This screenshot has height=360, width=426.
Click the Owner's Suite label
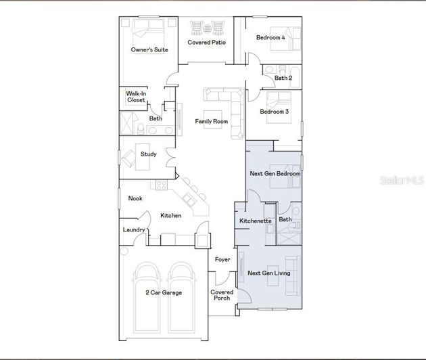pos(149,49)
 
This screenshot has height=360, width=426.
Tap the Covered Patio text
pos(206,43)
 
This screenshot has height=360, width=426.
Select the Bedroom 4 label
pos(270,38)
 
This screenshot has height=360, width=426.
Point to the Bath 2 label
pos(283,78)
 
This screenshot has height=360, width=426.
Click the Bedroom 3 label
pos(275,112)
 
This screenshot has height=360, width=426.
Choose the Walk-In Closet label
pos(136,97)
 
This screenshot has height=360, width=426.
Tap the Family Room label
pos(212,122)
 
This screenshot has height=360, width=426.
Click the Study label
pos(149,154)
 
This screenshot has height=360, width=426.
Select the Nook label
pos(135,198)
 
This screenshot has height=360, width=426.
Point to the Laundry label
pos(134,229)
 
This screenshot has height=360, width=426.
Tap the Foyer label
pos(222,260)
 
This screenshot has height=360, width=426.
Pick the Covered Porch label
pos(222,295)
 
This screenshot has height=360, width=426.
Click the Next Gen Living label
pos(268,273)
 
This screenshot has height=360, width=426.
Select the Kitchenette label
pos(256,221)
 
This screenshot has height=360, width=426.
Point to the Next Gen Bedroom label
pos(275,174)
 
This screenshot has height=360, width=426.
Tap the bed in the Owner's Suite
pos(147,30)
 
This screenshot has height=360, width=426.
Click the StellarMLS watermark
pos(402,181)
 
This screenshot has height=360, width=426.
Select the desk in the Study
pos(142,154)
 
